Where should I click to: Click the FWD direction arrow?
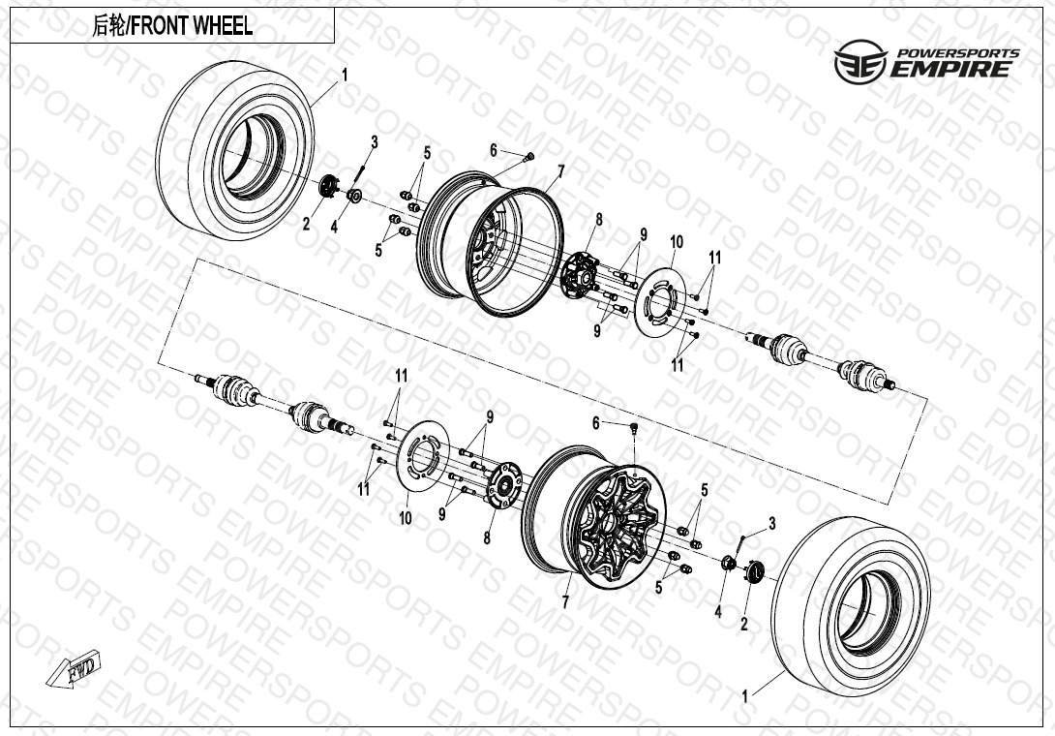coord(74,669)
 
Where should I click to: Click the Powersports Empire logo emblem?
coord(859,61)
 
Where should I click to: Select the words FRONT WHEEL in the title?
coord(191,26)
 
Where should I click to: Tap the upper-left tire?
coord(235,150)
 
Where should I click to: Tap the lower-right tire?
coord(851,606)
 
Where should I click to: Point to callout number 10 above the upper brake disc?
coord(677,242)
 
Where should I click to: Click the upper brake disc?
coord(660,302)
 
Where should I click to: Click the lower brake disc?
coord(423,456)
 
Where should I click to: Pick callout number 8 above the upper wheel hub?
coord(598,220)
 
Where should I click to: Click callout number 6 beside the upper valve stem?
coord(494,150)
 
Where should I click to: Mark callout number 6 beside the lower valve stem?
coord(595,423)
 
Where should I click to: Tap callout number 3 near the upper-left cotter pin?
coord(375,142)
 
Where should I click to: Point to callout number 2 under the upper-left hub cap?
coord(306,225)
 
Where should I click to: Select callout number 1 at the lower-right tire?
coord(744,696)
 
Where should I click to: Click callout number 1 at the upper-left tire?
coord(346,74)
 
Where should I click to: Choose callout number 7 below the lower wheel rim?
coord(565,602)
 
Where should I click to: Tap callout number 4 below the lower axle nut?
coord(718,611)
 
